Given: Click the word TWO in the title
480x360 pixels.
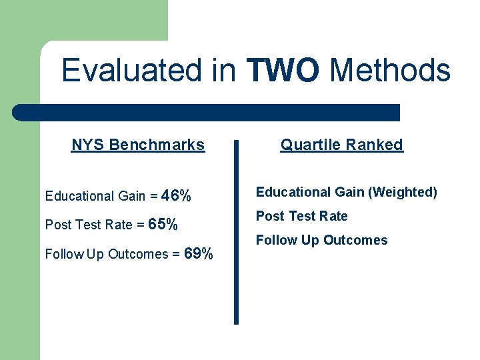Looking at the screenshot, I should pyautogui.click(x=282, y=70).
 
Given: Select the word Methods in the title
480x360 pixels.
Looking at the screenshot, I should pyautogui.click(x=390, y=70).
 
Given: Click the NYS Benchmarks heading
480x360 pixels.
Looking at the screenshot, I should pyautogui.click(x=138, y=145).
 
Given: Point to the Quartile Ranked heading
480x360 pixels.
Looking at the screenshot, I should pyautogui.click(x=341, y=145).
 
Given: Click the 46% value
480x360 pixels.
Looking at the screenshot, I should pyautogui.click(x=177, y=196).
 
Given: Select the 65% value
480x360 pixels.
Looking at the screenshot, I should pyautogui.click(x=163, y=225).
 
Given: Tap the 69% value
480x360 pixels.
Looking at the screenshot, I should pyautogui.click(x=199, y=254).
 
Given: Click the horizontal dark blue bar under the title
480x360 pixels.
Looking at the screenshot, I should pyautogui.click(x=207, y=113).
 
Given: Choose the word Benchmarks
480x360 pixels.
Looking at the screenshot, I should pyautogui.click(x=157, y=145).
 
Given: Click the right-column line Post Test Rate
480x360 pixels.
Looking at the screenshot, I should pyautogui.click(x=302, y=216).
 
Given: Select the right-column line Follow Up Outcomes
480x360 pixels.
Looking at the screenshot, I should pyautogui.click(x=321, y=240).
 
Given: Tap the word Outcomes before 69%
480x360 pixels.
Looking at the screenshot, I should pyautogui.click(x=138, y=254).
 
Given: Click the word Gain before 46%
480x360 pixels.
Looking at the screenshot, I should pyautogui.click(x=131, y=196).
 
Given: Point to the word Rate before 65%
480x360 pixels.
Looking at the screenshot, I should pyautogui.click(x=119, y=225).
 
